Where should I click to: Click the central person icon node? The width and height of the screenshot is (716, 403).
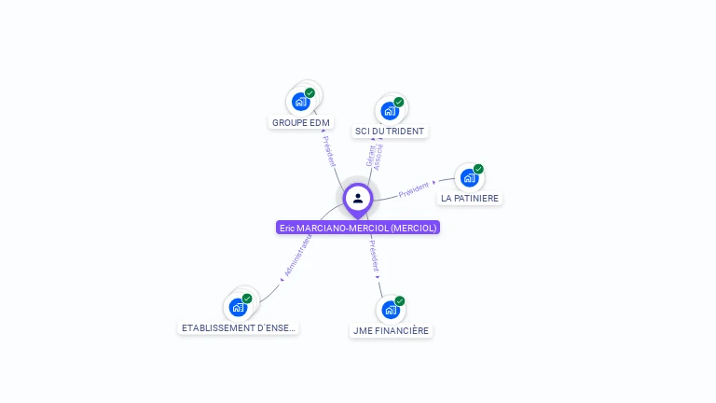(357, 198)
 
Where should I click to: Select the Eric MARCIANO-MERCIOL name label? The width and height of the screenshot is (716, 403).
(358, 228)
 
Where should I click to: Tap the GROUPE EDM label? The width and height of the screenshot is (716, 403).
(300, 122)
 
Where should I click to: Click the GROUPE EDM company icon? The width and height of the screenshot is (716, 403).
(300, 101)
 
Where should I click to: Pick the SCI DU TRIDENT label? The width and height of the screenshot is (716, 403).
(390, 132)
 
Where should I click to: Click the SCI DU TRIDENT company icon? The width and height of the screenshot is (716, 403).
(390, 110)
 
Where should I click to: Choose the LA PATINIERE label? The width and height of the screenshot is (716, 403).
(470, 199)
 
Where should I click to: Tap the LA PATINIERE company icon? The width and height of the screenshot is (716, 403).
(469, 177)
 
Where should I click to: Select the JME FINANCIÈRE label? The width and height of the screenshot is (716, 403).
(391, 330)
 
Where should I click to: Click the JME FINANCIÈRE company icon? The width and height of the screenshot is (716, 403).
(391, 309)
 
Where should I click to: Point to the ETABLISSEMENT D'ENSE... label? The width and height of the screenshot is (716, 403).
(239, 327)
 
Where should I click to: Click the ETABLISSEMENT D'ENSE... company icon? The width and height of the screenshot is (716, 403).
(238, 306)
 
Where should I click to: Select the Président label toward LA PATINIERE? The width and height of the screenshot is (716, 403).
(415, 189)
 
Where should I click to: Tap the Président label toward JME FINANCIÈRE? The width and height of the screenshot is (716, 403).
(374, 258)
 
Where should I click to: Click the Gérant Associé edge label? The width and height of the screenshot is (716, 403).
(375, 155)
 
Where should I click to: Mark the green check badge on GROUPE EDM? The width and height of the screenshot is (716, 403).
(310, 92)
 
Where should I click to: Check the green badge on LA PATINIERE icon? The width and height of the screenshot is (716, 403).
(478, 169)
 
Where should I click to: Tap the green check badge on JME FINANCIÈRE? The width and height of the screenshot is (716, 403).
(400, 300)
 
